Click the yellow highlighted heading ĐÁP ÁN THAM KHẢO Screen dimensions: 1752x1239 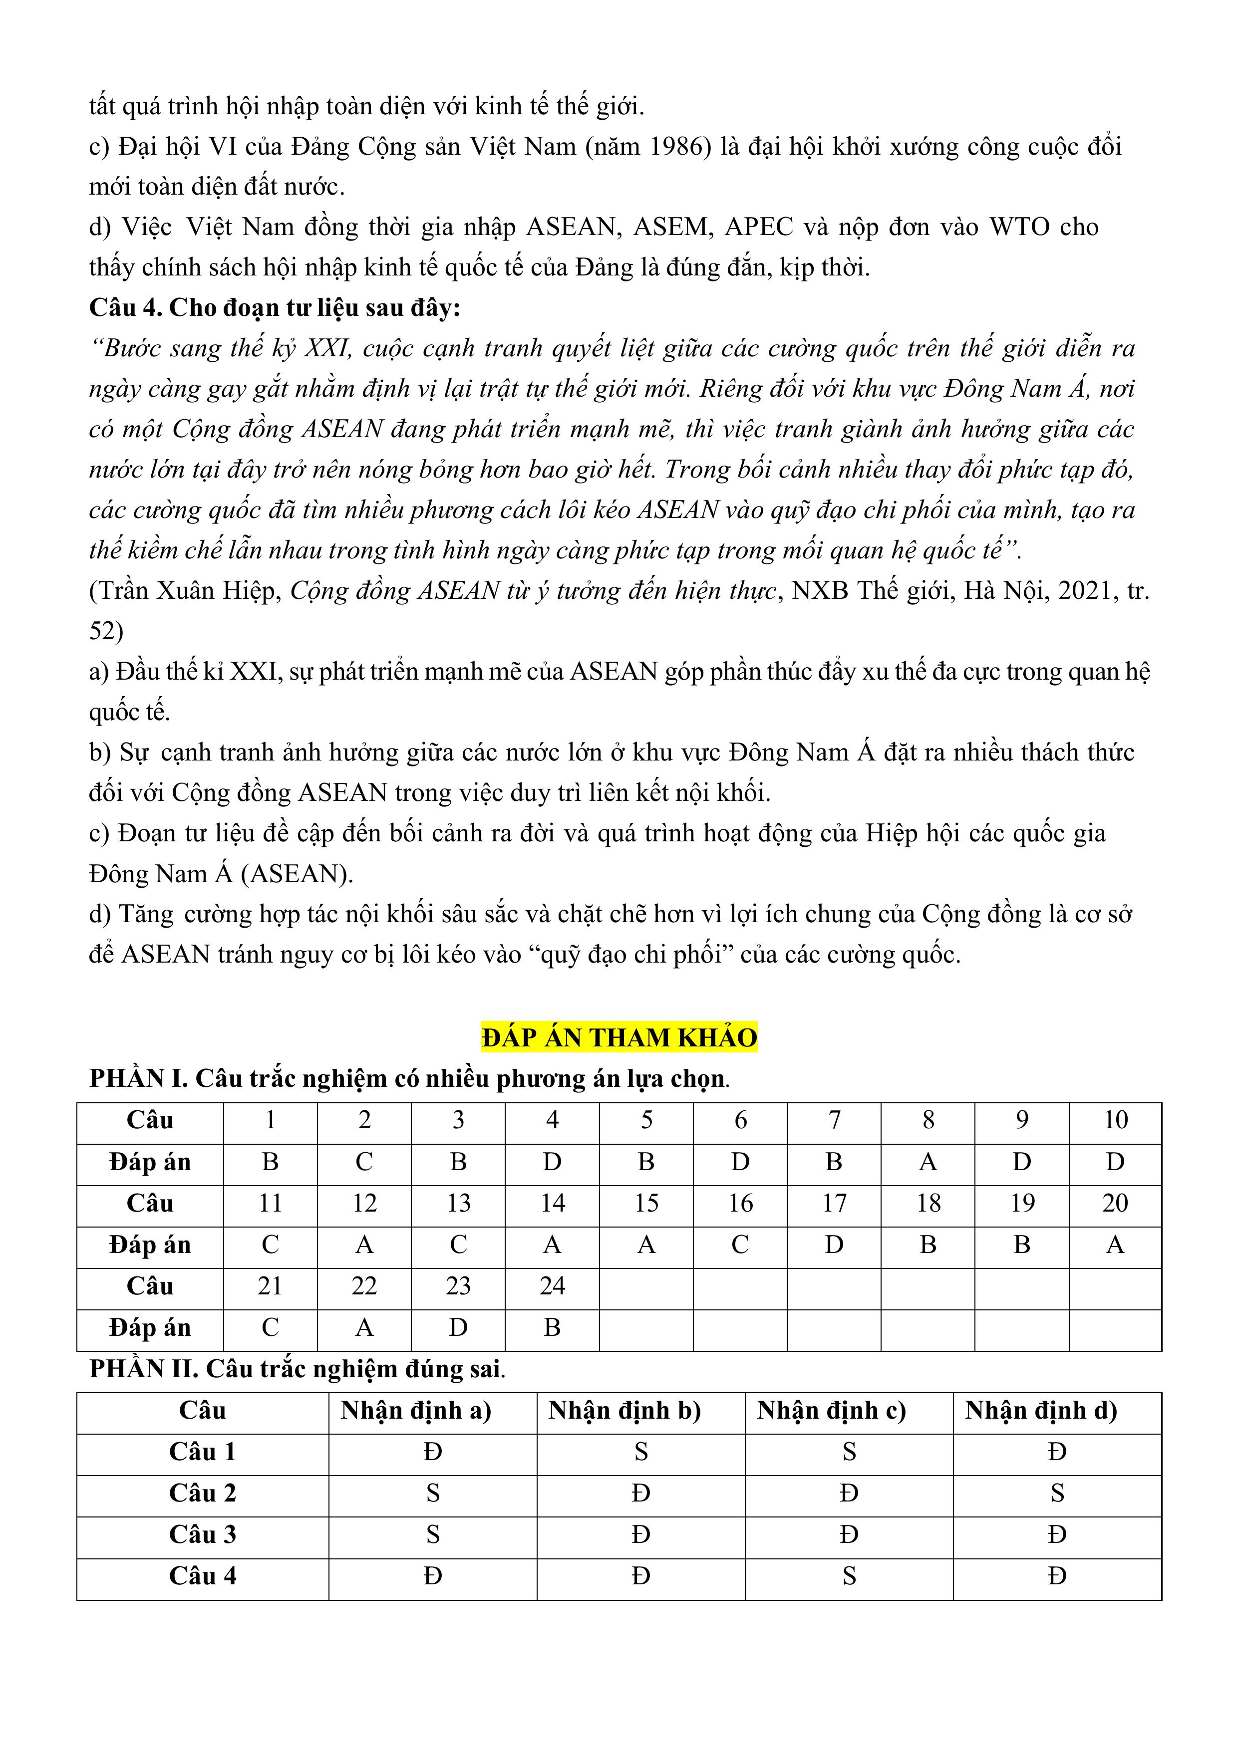(619, 1038)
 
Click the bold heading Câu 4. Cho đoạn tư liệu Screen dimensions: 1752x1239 (275, 307)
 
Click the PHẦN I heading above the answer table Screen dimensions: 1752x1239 (409, 1078)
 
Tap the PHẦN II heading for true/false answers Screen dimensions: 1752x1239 (297, 1369)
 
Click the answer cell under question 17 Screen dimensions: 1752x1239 (834, 1246)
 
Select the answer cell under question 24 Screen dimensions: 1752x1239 (552, 1328)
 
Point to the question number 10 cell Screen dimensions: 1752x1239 (1115, 1120)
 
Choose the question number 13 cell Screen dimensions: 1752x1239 (458, 1204)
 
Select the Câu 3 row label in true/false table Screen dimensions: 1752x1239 (202, 1534)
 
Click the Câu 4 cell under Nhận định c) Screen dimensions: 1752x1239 (849, 1576)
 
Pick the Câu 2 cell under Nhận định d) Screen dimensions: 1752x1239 (1057, 1494)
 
